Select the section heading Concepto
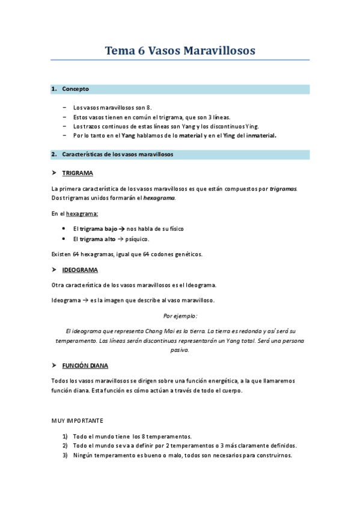pyautogui.click(x=75, y=89)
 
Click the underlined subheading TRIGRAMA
pyautogui.click(x=78, y=173)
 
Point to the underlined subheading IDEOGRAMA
pyautogui.click(x=80, y=270)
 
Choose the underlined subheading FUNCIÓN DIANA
pyautogui.click(x=85, y=365)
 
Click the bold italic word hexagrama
pyautogui.click(x=159, y=198)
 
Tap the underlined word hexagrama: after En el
pyautogui.click(x=83, y=214)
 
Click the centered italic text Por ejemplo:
pyautogui.click(x=180, y=316)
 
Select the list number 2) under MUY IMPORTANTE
pyautogui.click(x=65, y=446)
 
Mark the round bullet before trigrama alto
pyautogui.click(x=64, y=239)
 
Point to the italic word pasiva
pyautogui.click(x=180, y=350)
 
